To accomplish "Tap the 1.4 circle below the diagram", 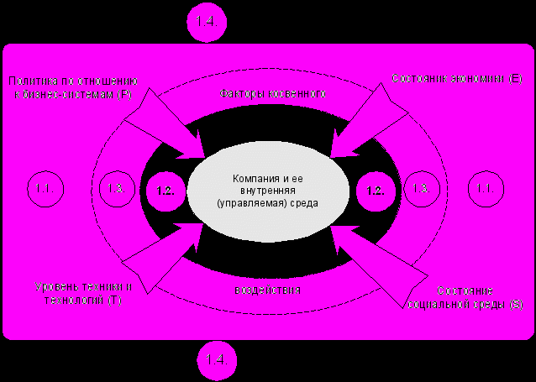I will click(217, 358).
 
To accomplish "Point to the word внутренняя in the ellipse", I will click(267, 191).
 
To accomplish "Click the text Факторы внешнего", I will click(272, 94).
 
